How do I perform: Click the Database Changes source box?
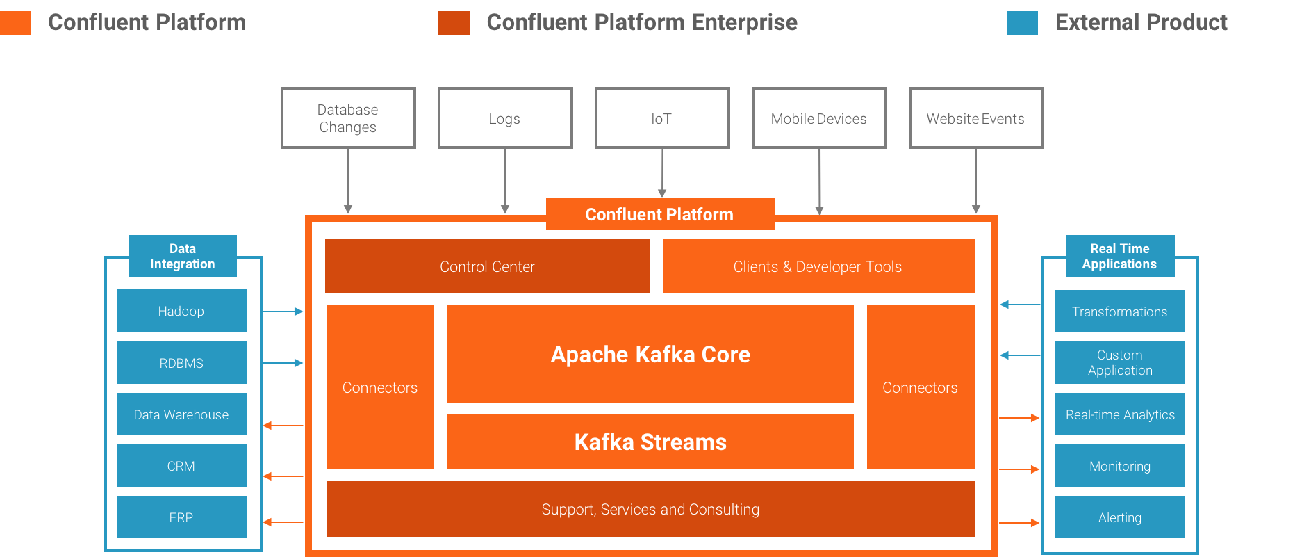(x=348, y=118)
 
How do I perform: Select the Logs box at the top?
(x=505, y=118)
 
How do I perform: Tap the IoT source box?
(x=662, y=118)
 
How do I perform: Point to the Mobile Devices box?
(x=819, y=118)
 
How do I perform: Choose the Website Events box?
(x=976, y=118)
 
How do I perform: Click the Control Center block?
(x=487, y=266)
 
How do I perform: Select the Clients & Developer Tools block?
(x=818, y=266)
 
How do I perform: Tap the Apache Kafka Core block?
(x=650, y=354)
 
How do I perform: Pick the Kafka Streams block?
(x=650, y=442)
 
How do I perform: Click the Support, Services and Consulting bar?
(x=650, y=509)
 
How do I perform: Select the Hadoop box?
(x=181, y=311)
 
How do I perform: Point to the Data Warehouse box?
(x=181, y=414)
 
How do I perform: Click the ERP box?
(x=181, y=517)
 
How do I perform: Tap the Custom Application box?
(x=1120, y=362)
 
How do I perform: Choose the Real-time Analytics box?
(x=1120, y=414)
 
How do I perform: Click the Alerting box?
(x=1120, y=517)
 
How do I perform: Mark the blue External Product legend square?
(x=1022, y=22)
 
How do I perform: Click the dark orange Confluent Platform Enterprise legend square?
(x=454, y=22)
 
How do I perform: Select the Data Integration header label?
(x=183, y=256)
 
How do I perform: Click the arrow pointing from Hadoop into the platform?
(x=283, y=312)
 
